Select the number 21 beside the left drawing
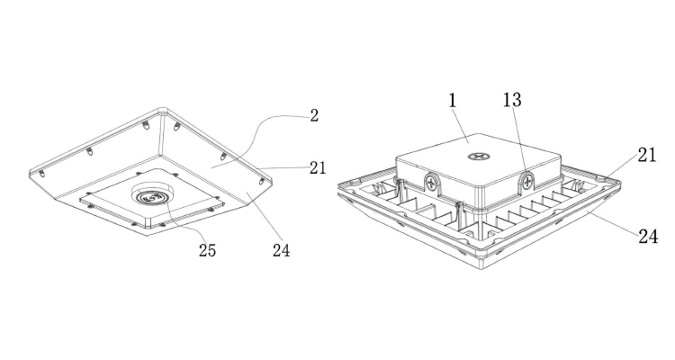tap(315, 167)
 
